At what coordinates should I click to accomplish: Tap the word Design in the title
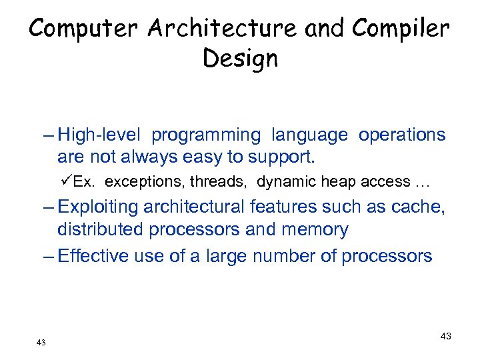pyautogui.click(x=240, y=59)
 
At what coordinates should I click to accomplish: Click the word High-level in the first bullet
pyautogui.click(x=99, y=135)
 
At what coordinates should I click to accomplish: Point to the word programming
pyautogui.click(x=206, y=135)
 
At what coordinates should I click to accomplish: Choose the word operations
pyautogui.click(x=402, y=135)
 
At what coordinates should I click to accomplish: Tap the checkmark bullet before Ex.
pyautogui.click(x=66, y=181)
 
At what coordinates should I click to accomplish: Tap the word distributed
pyautogui.click(x=101, y=230)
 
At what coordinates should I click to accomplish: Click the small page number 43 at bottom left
pyautogui.click(x=41, y=342)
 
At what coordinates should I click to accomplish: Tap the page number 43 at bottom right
pyautogui.click(x=445, y=336)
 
